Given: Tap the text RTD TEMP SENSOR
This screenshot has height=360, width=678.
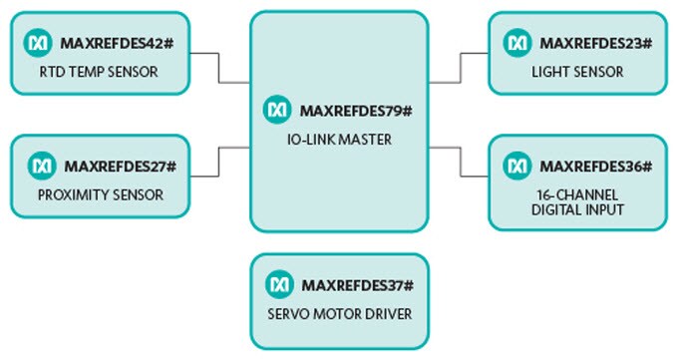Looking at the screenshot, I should click(x=99, y=72).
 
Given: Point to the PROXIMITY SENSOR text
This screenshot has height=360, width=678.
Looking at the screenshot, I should click(x=102, y=193).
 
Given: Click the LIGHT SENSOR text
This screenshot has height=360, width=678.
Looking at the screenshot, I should click(x=577, y=72).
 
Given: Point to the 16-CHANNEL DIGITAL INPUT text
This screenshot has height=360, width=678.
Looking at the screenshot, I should click(x=578, y=201).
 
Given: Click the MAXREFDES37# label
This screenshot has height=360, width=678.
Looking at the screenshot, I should click(x=357, y=286).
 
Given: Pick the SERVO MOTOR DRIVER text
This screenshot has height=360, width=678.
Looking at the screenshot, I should click(x=339, y=315).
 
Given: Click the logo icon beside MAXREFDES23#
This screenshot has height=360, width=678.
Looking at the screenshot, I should click(x=517, y=43).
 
